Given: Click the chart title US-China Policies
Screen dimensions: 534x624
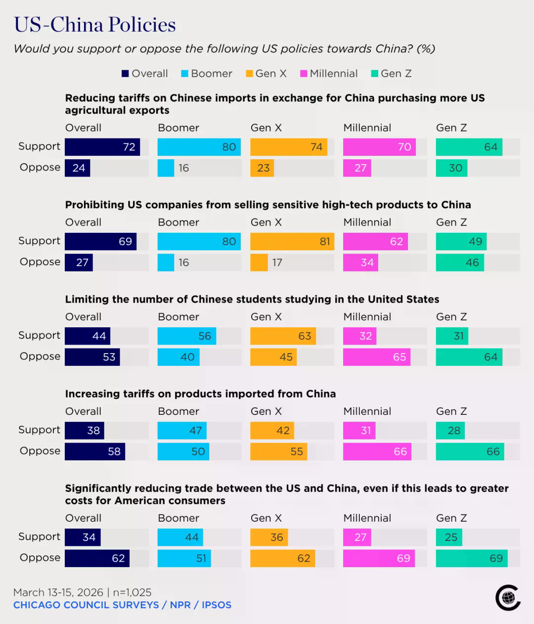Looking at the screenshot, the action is click(x=94, y=24).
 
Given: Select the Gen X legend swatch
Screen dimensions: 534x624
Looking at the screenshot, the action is click(x=249, y=74).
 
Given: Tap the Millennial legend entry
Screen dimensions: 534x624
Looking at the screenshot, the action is click(x=329, y=74).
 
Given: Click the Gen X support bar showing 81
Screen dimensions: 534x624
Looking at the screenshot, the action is click(x=292, y=241).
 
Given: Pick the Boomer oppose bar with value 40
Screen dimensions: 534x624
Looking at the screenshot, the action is click(x=178, y=357).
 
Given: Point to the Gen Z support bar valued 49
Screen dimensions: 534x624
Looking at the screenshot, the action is click(x=461, y=241).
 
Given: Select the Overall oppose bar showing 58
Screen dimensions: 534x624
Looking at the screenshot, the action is click(x=95, y=451).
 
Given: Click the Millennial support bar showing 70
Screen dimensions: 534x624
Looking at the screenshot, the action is click(x=379, y=147).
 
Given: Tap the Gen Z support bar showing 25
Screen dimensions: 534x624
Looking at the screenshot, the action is click(x=449, y=537).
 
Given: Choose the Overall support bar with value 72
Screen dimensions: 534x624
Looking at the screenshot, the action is click(x=102, y=147).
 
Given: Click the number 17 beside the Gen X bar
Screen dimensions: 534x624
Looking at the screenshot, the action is click(x=277, y=263).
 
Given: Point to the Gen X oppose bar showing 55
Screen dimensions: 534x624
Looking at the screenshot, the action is click(x=279, y=451).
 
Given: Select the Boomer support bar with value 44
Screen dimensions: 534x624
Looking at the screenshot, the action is click(x=180, y=537).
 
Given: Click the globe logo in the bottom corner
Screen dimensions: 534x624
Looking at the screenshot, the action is click(x=508, y=597).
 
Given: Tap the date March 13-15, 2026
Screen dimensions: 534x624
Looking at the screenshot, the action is click(x=58, y=592).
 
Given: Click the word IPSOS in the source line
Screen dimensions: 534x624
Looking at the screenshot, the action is click(x=217, y=605).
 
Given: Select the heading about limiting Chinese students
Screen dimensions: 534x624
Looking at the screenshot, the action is click(x=252, y=299).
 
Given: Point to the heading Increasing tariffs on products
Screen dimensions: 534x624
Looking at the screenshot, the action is click(x=200, y=394).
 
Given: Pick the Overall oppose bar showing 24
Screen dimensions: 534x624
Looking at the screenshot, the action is click(x=77, y=168).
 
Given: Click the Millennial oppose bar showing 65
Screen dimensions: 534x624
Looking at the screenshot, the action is click(x=377, y=357).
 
